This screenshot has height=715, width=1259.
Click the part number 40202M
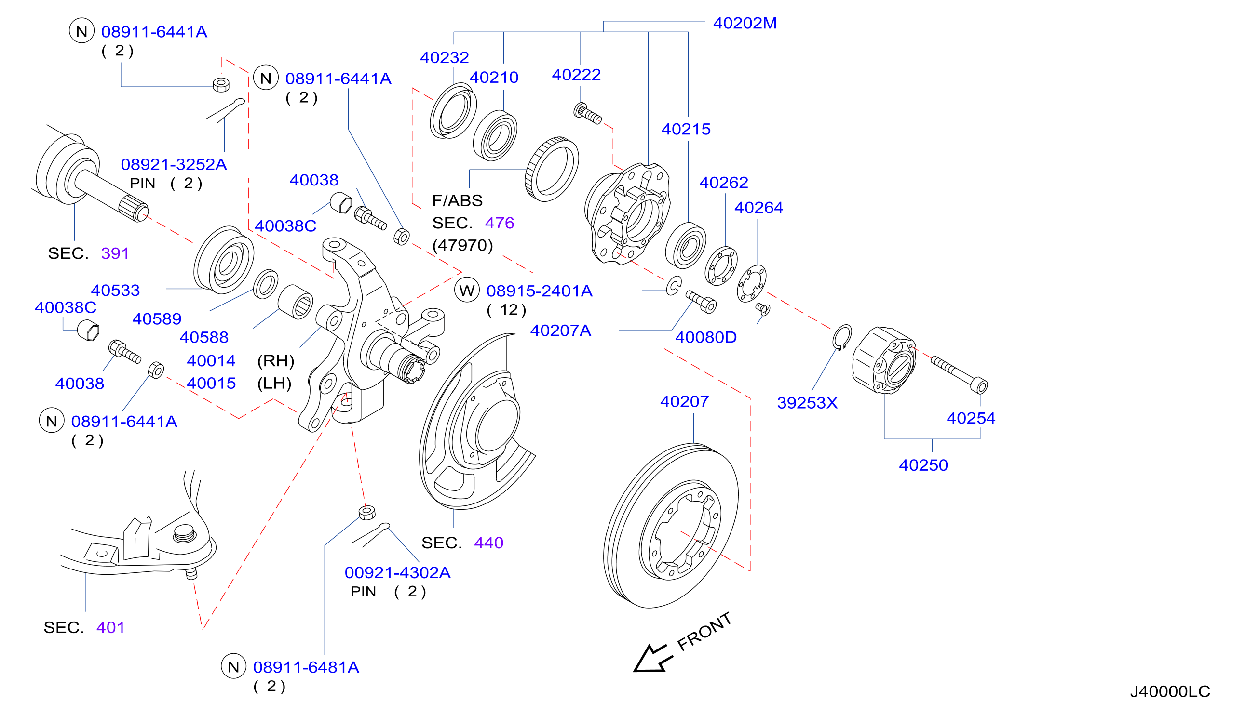pos(745,23)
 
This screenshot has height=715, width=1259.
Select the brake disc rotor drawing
pos(671,526)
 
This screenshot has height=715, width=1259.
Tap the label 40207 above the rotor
pos(684,402)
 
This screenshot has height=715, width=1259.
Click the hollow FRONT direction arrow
pos(650,658)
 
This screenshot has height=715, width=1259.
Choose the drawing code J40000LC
pos(1170,691)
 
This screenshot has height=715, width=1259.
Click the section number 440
pos(488,543)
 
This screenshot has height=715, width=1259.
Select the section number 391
pos(115,253)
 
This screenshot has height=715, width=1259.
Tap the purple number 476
pos(499,223)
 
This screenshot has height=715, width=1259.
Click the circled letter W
pos(467,290)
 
